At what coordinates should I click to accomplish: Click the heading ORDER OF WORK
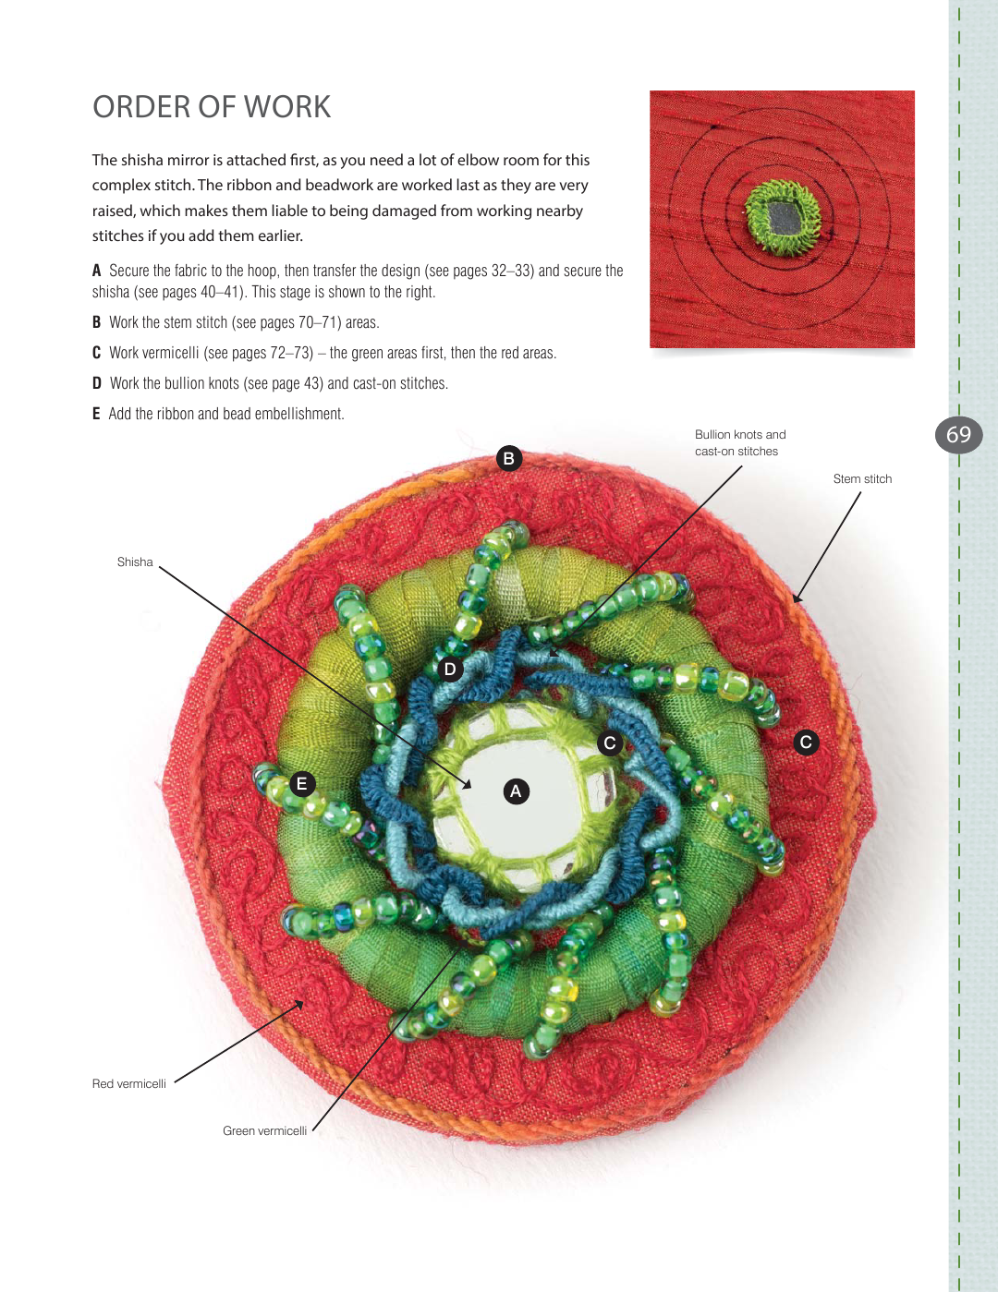coord(211,107)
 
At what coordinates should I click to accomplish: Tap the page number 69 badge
coord(959,435)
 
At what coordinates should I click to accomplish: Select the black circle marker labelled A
coord(516,791)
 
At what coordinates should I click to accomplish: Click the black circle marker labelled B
coord(508,458)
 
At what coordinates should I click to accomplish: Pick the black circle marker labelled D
coord(450,669)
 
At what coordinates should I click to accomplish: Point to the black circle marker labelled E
coord(302,784)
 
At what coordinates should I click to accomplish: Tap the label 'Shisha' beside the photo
coord(135,561)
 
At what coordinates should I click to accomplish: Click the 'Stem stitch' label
coord(862,478)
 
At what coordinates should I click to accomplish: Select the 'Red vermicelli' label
coord(129,1083)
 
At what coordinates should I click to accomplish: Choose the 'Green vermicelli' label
coord(264,1130)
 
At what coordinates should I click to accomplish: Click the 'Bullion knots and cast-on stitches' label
coord(740,442)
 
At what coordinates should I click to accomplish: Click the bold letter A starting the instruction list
coord(96,272)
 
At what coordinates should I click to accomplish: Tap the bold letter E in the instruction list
coord(96,414)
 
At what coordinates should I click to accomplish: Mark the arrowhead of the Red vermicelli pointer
coord(300,1004)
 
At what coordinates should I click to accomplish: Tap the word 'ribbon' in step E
coord(175,414)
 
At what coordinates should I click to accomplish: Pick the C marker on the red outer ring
coord(806,742)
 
